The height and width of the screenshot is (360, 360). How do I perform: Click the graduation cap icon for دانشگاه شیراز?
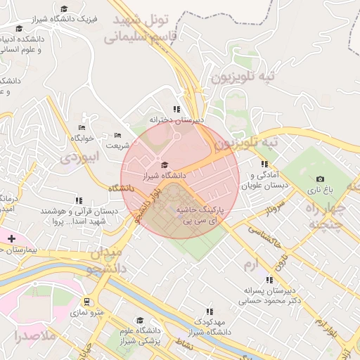point(165,165)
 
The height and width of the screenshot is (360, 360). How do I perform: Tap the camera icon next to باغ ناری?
point(321,179)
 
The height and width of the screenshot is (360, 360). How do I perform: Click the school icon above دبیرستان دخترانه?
point(176,109)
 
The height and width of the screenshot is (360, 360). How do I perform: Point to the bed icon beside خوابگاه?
point(82,127)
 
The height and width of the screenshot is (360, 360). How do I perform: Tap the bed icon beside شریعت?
point(117,135)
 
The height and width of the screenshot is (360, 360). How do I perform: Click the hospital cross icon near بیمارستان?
point(11,239)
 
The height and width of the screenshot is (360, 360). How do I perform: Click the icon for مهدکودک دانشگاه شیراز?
point(209,311)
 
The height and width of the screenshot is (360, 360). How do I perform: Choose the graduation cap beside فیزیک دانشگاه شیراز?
point(65,8)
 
